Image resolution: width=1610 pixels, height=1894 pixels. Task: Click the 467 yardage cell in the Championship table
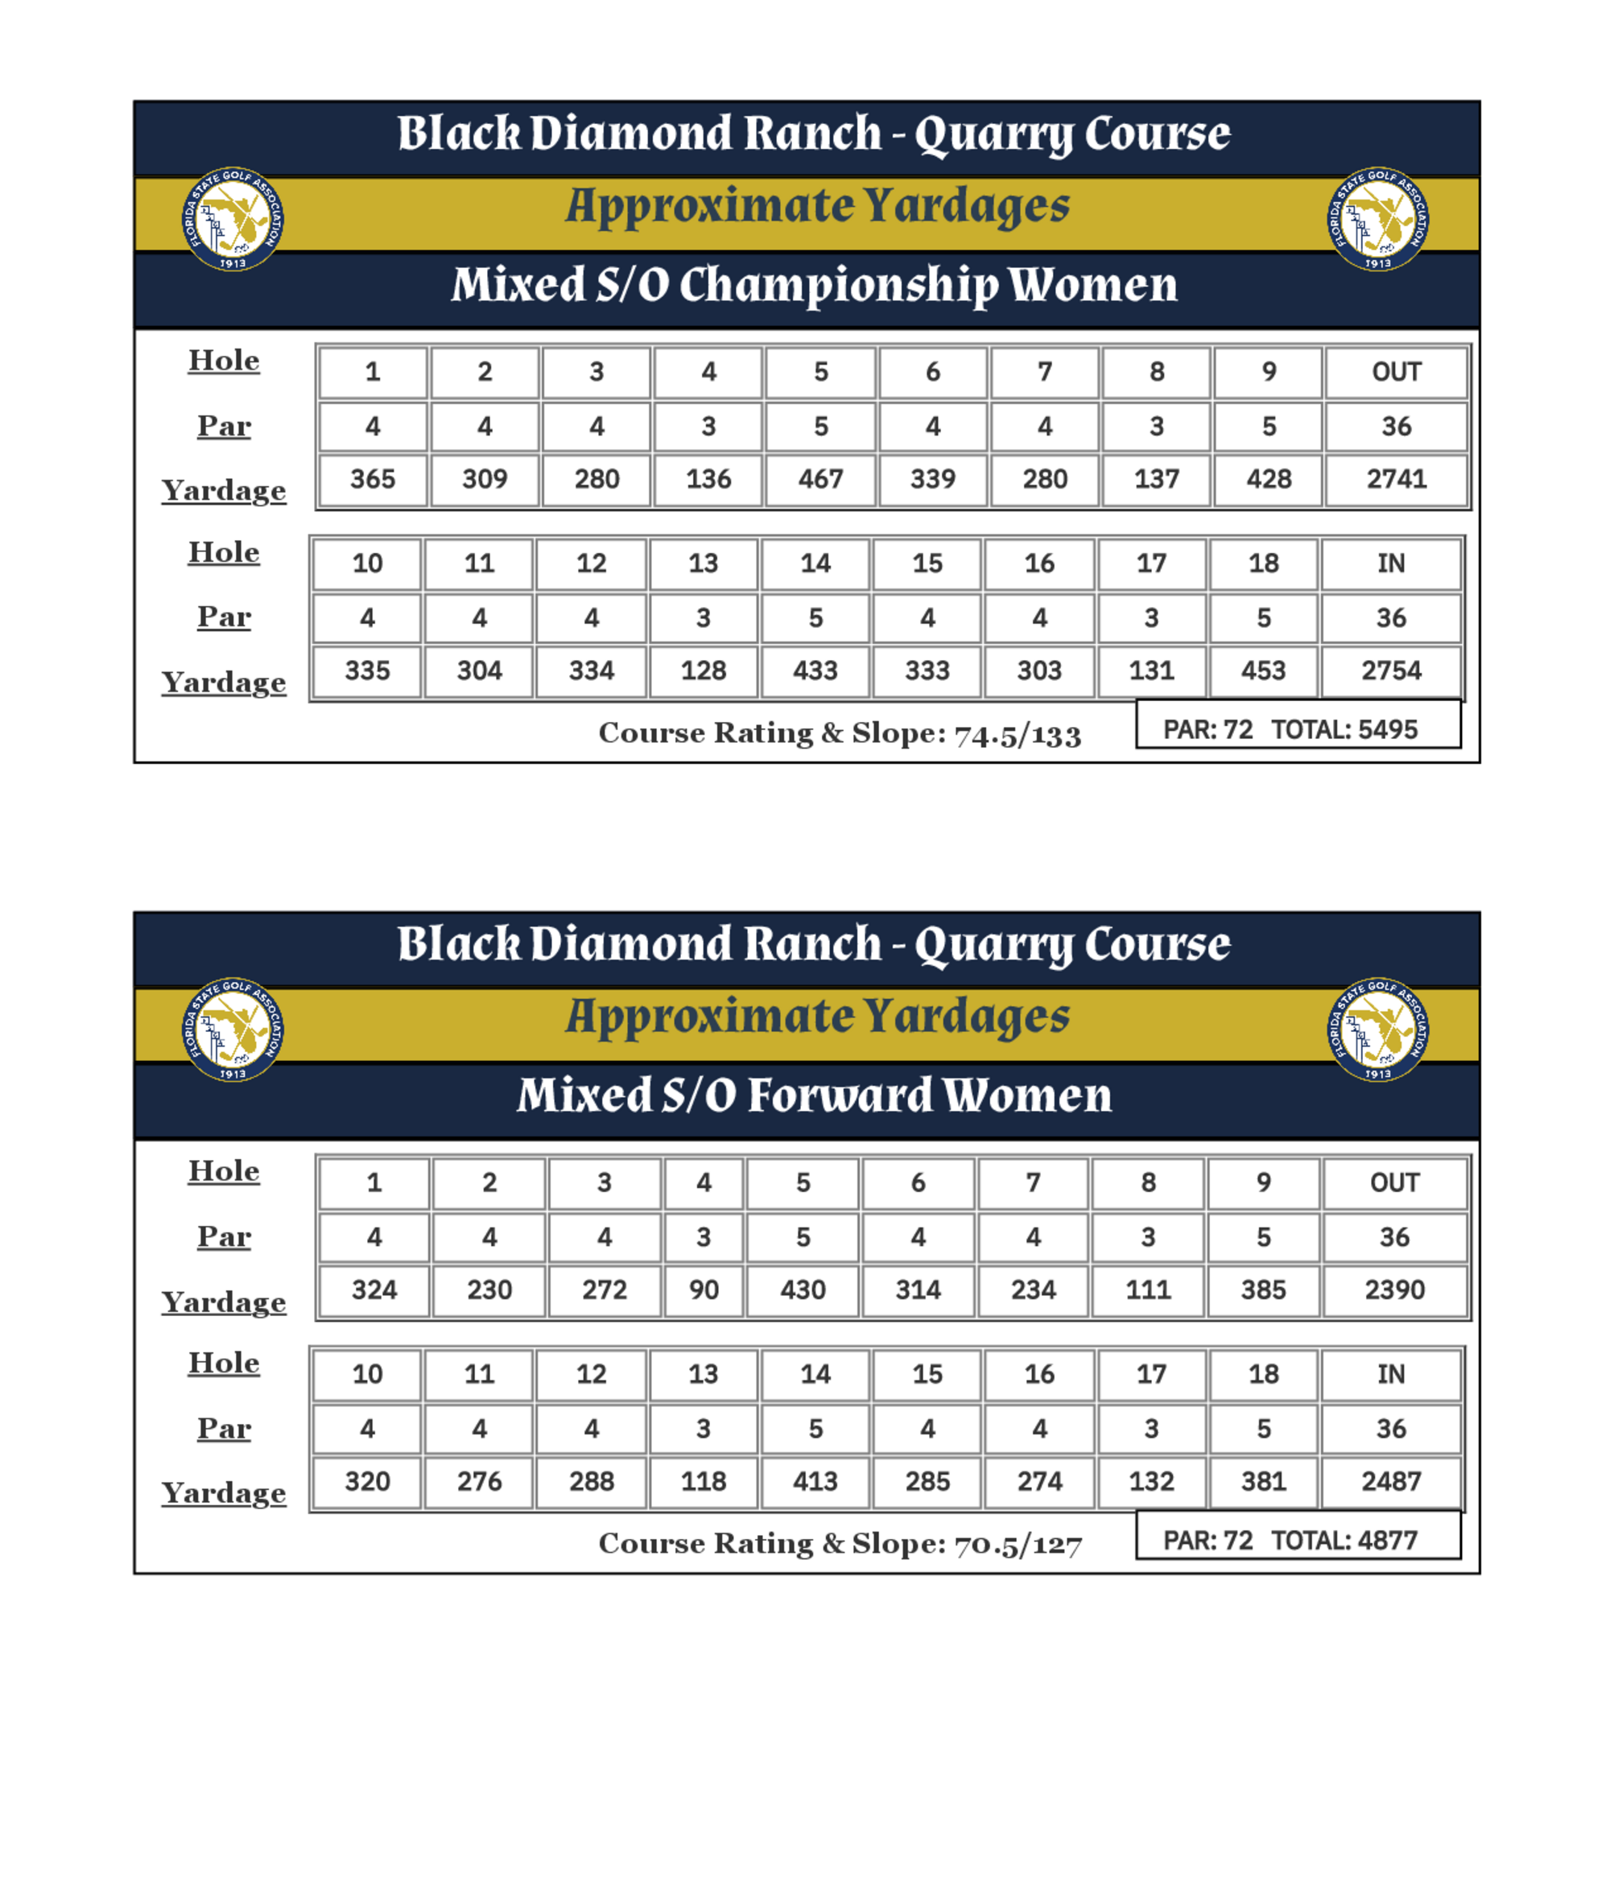click(820, 479)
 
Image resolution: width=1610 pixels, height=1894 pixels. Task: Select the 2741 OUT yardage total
click(1396, 479)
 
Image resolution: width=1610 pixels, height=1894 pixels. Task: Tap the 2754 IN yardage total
click(1390, 671)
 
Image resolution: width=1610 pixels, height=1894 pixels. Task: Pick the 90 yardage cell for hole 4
click(704, 1289)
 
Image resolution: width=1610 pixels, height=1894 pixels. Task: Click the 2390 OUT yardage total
click(1393, 1289)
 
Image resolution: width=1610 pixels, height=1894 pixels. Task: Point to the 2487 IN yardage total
click(1390, 1481)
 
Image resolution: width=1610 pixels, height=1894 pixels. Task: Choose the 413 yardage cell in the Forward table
click(815, 1481)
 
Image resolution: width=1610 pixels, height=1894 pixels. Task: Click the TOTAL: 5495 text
click(1344, 730)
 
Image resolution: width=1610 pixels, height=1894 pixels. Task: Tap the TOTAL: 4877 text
click(1344, 1541)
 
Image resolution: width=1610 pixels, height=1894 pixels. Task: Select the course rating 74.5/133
click(1018, 735)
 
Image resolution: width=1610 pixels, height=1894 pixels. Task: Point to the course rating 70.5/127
click(1018, 1545)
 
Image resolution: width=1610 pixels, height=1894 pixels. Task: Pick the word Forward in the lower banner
click(840, 1096)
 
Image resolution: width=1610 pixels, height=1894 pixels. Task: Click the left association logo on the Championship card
click(233, 219)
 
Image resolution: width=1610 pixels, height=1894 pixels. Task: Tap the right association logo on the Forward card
click(1377, 1030)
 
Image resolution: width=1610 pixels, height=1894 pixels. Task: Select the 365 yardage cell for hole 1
click(373, 479)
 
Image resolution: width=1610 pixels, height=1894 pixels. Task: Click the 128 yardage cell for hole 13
click(703, 671)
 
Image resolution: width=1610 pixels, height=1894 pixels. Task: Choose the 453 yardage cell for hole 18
click(1263, 671)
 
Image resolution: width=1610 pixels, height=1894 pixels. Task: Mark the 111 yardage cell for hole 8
click(1147, 1289)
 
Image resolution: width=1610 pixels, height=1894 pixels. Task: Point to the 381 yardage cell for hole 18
click(1263, 1481)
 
